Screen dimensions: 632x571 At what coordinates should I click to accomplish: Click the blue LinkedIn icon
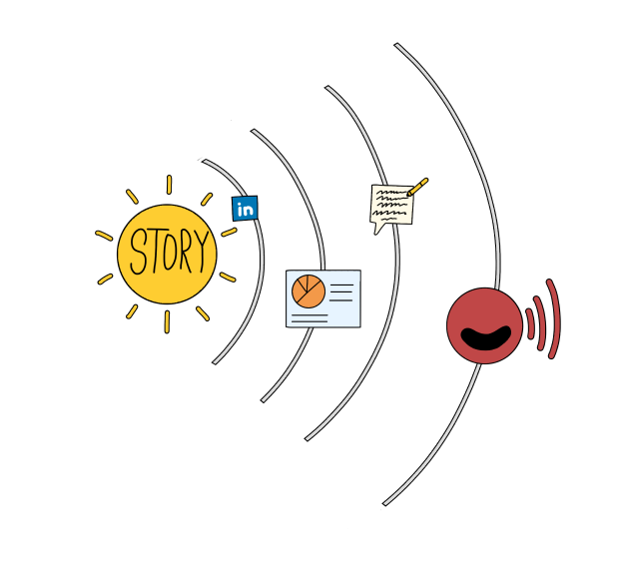click(245, 209)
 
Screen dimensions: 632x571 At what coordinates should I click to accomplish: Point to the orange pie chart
click(309, 291)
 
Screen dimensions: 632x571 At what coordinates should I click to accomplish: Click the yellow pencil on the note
click(417, 187)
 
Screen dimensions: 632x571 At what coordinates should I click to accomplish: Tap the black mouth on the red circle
click(485, 337)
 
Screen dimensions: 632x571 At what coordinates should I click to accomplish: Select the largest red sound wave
click(553, 318)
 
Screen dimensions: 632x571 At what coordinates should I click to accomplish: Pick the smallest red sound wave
click(530, 323)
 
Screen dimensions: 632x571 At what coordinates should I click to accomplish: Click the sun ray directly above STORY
click(170, 185)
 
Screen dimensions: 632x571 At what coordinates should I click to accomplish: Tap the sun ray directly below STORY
click(167, 322)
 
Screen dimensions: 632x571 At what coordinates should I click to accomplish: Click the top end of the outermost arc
click(396, 44)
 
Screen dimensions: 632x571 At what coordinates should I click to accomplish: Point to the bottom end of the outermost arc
click(385, 504)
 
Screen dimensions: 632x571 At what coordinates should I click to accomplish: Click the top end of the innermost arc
click(204, 161)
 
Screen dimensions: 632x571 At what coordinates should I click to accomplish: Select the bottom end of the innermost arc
click(215, 363)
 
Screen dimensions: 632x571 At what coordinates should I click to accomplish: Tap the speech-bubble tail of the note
click(376, 230)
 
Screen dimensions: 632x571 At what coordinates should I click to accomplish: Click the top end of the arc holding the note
click(327, 87)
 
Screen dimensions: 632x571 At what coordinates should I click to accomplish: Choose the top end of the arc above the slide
click(253, 131)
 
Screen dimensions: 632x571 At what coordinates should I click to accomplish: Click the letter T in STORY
click(155, 251)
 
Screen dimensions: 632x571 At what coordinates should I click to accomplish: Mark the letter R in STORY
click(186, 251)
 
